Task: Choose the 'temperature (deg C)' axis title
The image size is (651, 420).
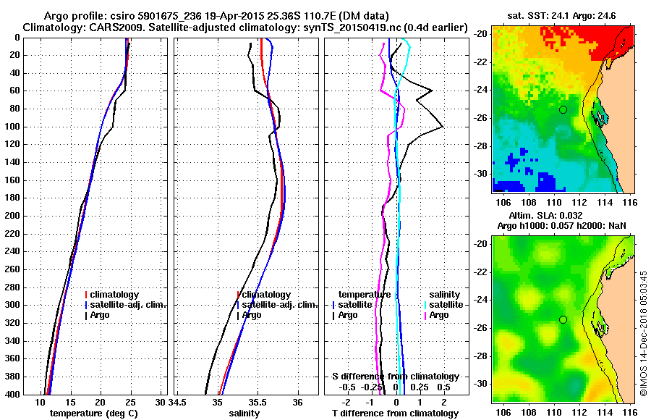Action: point(93,413)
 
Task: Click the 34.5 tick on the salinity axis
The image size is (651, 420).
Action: point(179,402)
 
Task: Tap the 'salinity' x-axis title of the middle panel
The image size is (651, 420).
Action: point(244,413)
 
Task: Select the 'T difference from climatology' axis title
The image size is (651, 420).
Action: point(395,413)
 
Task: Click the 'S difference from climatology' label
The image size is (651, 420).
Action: point(395,377)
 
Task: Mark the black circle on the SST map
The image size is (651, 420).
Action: point(563,109)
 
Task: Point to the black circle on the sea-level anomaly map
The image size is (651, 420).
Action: point(563,319)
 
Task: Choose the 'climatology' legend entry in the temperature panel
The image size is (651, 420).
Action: point(118,295)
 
